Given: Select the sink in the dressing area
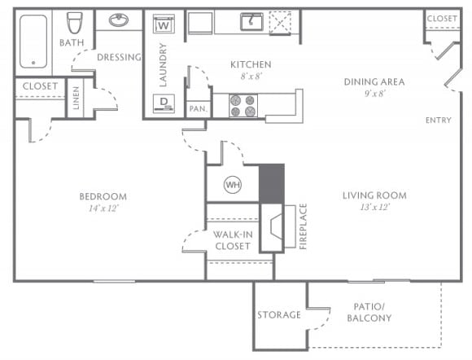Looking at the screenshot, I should click(119, 20).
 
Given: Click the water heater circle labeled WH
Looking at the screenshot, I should click(232, 185).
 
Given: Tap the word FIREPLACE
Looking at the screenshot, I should click(303, 226).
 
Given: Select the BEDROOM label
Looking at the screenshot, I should click(103, 196).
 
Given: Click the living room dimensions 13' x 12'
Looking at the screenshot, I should click(374, 208).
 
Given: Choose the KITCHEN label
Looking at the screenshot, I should click(250, 64).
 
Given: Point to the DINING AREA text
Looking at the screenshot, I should click(374, 81).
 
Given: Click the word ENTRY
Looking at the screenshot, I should click(438, 121).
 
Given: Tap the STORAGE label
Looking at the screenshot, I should click(279, 315).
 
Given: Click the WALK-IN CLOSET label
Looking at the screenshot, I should click(232, 240).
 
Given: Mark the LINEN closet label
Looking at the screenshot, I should click(76, 99).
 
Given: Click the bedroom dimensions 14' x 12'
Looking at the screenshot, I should click(103, 208).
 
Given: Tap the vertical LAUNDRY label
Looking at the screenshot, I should click(163, 65).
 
